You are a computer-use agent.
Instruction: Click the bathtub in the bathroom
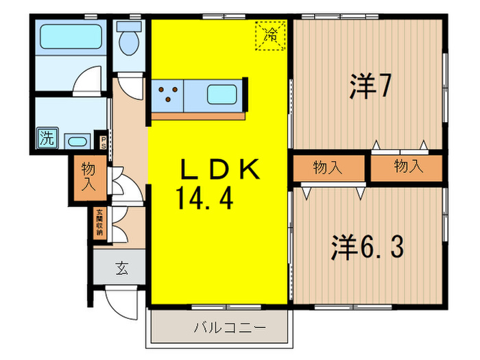(71, 36)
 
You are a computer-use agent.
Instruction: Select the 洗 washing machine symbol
(47, 137)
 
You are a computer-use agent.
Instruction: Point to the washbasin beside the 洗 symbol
(76, 141)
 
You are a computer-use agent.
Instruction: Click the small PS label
(104, 142)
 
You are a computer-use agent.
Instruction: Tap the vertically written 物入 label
(88, 176)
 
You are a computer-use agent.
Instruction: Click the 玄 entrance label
(121, 268)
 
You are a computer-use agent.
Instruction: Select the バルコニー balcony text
(219, 326)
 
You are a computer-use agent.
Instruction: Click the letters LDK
(219, 170)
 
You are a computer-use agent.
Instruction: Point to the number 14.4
(205, 200)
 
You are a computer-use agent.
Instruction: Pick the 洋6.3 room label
(368, 247)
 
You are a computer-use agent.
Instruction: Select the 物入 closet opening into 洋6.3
(328, 167)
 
